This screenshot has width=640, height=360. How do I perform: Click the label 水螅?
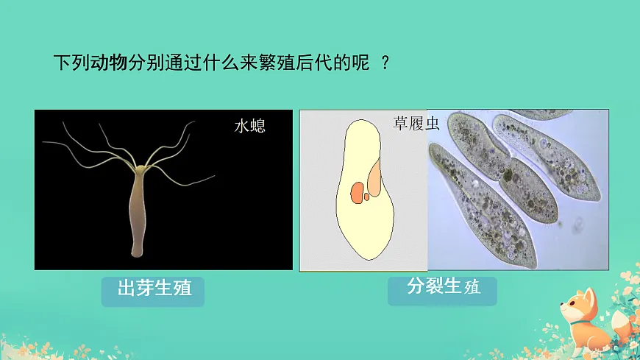[x=249, y=126]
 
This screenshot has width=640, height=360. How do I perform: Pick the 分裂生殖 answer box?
[x=443, y=287]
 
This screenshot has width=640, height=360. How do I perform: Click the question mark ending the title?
[x=385, y=62]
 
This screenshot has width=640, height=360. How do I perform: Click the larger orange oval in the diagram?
[x=357, y=194]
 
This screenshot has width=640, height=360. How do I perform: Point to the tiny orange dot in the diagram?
[x=366, y=197]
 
